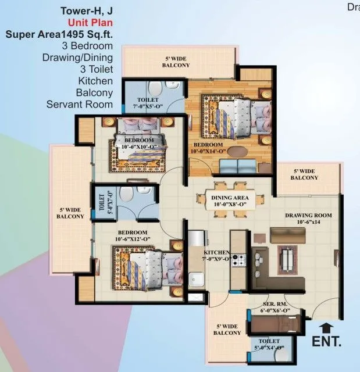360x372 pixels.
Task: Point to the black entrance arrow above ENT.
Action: pos(323,327)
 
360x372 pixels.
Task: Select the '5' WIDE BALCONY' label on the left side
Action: pos(70,213)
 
